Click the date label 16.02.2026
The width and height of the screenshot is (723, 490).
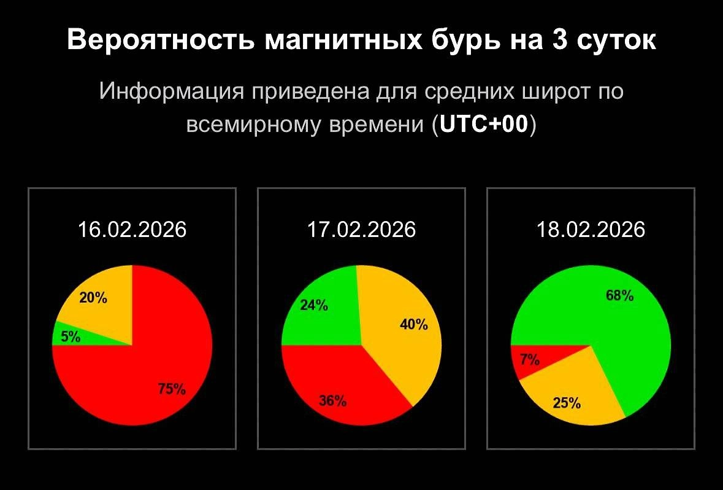132,230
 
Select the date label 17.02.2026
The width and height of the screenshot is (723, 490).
361,230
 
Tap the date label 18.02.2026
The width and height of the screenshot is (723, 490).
591,230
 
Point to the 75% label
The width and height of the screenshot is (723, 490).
172,389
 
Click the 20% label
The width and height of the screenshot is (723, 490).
93,299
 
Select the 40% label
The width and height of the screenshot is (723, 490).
414,325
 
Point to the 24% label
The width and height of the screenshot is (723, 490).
314,305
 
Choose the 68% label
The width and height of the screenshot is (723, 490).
620,296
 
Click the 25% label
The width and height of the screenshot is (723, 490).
567,403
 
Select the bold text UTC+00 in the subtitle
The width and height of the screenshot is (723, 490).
484,125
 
